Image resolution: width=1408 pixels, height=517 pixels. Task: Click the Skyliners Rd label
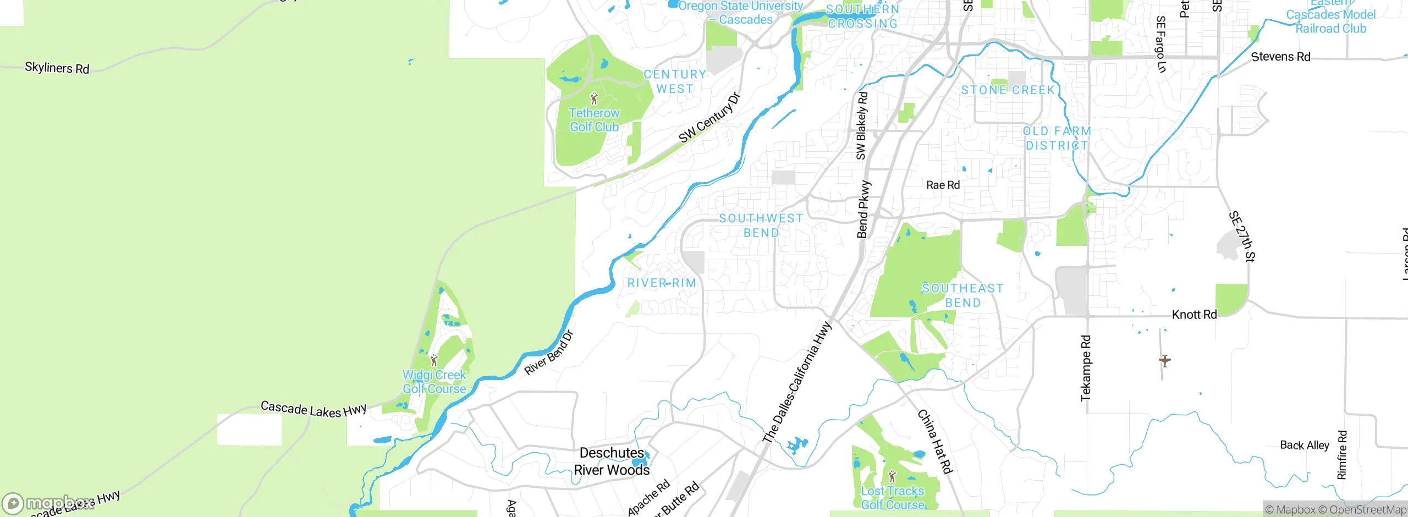[57, 68]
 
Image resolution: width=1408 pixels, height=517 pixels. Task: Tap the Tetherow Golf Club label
[594, 120]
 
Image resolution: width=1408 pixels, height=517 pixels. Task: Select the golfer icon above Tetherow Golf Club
[594, 99]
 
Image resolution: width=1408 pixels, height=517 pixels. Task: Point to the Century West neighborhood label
[675, 81]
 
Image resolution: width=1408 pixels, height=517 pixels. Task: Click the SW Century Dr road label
[710, 118]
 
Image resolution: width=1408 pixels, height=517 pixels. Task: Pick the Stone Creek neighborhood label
[1008, 90]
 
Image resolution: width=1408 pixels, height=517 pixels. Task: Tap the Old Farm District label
[1057, 138]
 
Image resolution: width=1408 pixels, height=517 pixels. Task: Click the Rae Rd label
[943, 185]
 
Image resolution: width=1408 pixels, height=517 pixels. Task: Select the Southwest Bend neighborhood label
[761, 226]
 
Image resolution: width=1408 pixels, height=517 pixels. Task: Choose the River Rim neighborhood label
[662, 283]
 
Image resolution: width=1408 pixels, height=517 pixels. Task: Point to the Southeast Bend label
[963, 295]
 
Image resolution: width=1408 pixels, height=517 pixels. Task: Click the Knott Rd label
[1194, 315]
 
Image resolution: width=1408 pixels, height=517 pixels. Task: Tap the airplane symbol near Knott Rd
[1164, 361]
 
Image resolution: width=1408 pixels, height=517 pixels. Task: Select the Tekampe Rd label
[1086, 368]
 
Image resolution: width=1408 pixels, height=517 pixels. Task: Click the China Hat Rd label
[934, 441]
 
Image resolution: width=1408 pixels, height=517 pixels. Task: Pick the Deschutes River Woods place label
[612, 461]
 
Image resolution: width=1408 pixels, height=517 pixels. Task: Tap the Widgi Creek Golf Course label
[434, 382]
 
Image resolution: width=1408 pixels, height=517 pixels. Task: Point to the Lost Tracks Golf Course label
[893, 498]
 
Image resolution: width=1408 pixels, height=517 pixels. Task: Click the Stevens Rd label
[1280, 57]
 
